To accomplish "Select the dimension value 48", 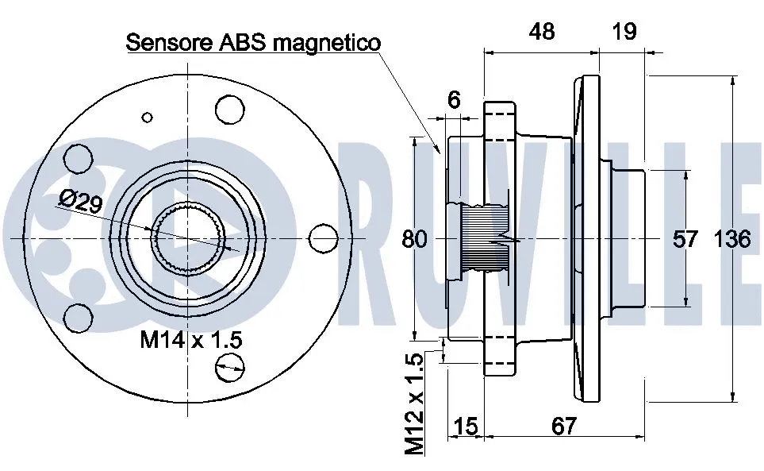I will (542, 32).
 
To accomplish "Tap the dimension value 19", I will (625, 32).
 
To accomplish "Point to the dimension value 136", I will (731, 238).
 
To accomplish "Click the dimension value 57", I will (685, 238).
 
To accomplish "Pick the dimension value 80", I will (414, 238).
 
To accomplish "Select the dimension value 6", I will (454, 100).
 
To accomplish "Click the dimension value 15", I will (466, 427).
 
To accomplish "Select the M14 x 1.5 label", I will (190, 341).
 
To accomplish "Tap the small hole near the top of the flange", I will (147, 117).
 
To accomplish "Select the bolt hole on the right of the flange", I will (321, 237).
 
